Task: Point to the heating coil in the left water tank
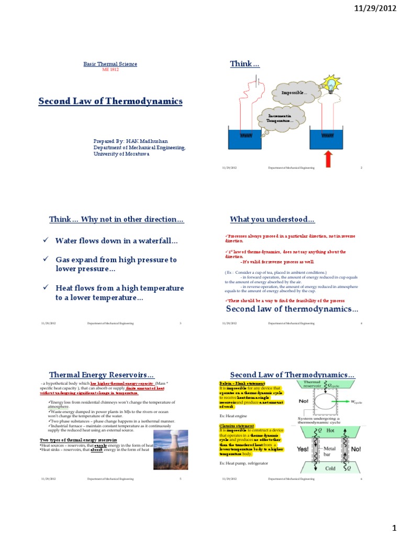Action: pos(246,135)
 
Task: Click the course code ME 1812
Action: pos(110,70)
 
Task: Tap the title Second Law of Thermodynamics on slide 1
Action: pos(110,101)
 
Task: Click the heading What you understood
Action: pos(272,219)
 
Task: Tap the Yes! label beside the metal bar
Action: pos(303,449)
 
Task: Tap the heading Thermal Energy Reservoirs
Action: pos(102,375)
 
